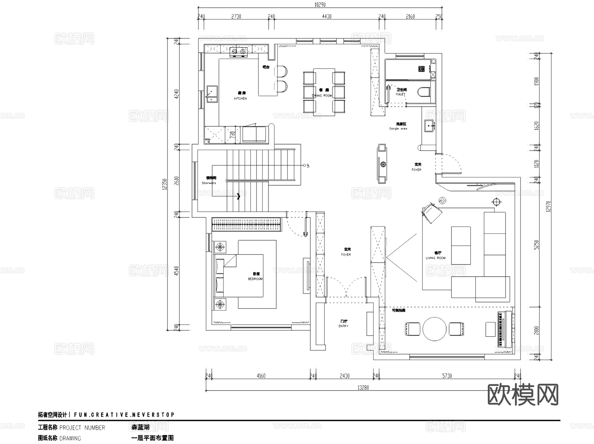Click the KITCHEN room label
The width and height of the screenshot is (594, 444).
tap(240, 98)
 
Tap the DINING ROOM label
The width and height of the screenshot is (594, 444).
tap(322, 96)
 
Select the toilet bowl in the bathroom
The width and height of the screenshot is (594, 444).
tap(424, 92)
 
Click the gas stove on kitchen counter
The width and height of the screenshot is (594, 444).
tap(239, 51)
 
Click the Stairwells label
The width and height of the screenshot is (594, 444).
tap(209, 183)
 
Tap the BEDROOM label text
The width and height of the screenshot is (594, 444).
tap(255, 279)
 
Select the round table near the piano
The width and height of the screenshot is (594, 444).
tap(434, 329)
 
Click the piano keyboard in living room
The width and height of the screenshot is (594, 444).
tap(502, 329)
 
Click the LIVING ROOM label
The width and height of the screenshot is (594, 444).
tap(436, 258)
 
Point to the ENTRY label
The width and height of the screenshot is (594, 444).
tap(343, 326)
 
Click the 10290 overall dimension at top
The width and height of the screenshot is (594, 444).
tap(320, 5)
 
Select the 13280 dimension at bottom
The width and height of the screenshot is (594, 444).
tap(363, 388)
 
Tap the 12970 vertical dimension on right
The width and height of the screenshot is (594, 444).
tap(548, 206)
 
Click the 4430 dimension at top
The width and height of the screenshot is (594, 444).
tap(326, 16)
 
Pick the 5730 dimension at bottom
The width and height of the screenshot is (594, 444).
tap(446, 376)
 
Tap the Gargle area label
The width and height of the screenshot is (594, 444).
tap(398, 129)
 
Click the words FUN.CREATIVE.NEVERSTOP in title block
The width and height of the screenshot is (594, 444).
tap(124, 415)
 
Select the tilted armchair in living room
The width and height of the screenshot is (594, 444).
tap(432, 213)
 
